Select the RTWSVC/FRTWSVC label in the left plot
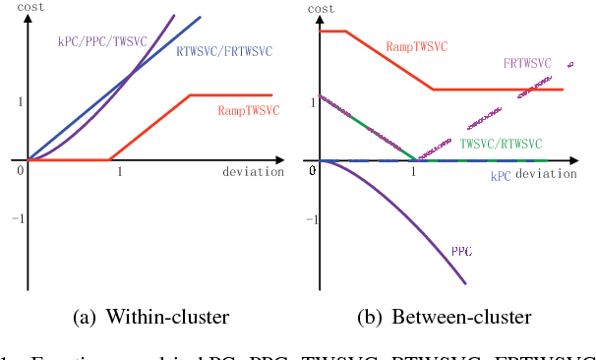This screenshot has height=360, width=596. (x=225, y=50)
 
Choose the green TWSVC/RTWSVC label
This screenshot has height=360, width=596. (x=502, y=143)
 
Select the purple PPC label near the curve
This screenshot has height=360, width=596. (x=462, y=251)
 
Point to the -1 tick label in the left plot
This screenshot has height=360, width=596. (x=14, y=218)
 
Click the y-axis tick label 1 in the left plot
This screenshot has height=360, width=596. (x=17, y=100)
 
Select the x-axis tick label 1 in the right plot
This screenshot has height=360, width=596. (x=413, y=172)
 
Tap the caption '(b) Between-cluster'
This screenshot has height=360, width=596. (x=447, y=317)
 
